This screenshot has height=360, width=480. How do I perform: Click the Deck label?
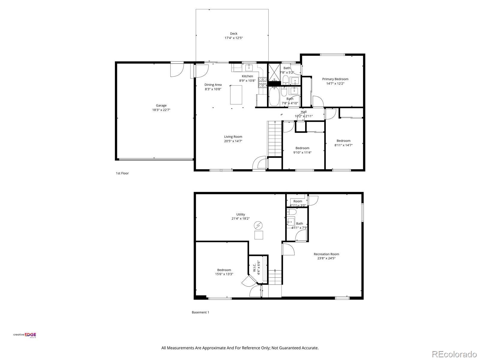tap(233, 33)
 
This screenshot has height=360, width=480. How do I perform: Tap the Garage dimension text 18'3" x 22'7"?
tap(161, 110)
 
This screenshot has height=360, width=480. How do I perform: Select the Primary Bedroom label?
tap(335, 79)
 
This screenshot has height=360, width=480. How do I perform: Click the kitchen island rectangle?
tap(236, 95)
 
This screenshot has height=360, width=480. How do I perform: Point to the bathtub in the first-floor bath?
tap(274, 96)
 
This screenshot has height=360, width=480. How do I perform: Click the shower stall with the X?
tap(274, 72)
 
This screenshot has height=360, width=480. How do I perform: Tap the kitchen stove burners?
tap(262, 82)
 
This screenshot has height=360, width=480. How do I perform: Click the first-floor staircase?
tap(275, 139)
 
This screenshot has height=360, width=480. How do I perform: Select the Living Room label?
tap(233, 136)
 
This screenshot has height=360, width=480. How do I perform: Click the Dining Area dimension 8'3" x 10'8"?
tap(213, 89)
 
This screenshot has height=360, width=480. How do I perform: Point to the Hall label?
tap(304, 112)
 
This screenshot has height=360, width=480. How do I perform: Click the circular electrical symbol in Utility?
tap(258, 225)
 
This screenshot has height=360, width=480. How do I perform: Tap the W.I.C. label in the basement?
tap(254, 268)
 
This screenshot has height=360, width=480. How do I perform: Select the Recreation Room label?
tap(326, 254)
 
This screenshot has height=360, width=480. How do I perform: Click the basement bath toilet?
tap(292, 212)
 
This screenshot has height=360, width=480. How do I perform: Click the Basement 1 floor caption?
tap(200, 312)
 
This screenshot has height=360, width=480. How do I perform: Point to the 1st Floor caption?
tap(122, 173)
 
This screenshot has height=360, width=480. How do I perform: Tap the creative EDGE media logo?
tap(25, 335)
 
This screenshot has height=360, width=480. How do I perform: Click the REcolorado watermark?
tap(454, 354)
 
